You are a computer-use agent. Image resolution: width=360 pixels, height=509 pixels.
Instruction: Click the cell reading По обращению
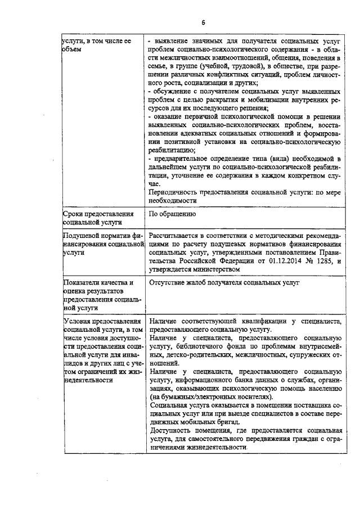click(x=172, y=214)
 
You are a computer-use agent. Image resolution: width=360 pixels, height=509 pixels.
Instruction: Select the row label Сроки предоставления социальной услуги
click(x=99, y=218)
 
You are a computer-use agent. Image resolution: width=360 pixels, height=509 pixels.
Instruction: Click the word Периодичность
click(x=175, y=191)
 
